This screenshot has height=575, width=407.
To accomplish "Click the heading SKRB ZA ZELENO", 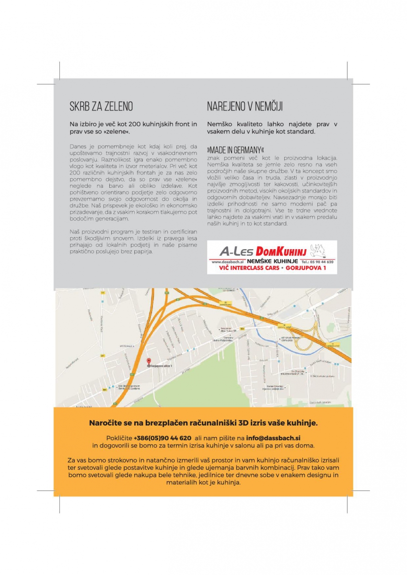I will [101, 106].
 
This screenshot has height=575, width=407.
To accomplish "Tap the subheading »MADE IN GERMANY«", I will [235, 148].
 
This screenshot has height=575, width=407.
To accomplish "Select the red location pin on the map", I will [149, 361].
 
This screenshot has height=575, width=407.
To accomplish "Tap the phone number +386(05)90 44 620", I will [163, 438].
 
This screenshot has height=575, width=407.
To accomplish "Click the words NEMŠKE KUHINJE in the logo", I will [272, 262].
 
